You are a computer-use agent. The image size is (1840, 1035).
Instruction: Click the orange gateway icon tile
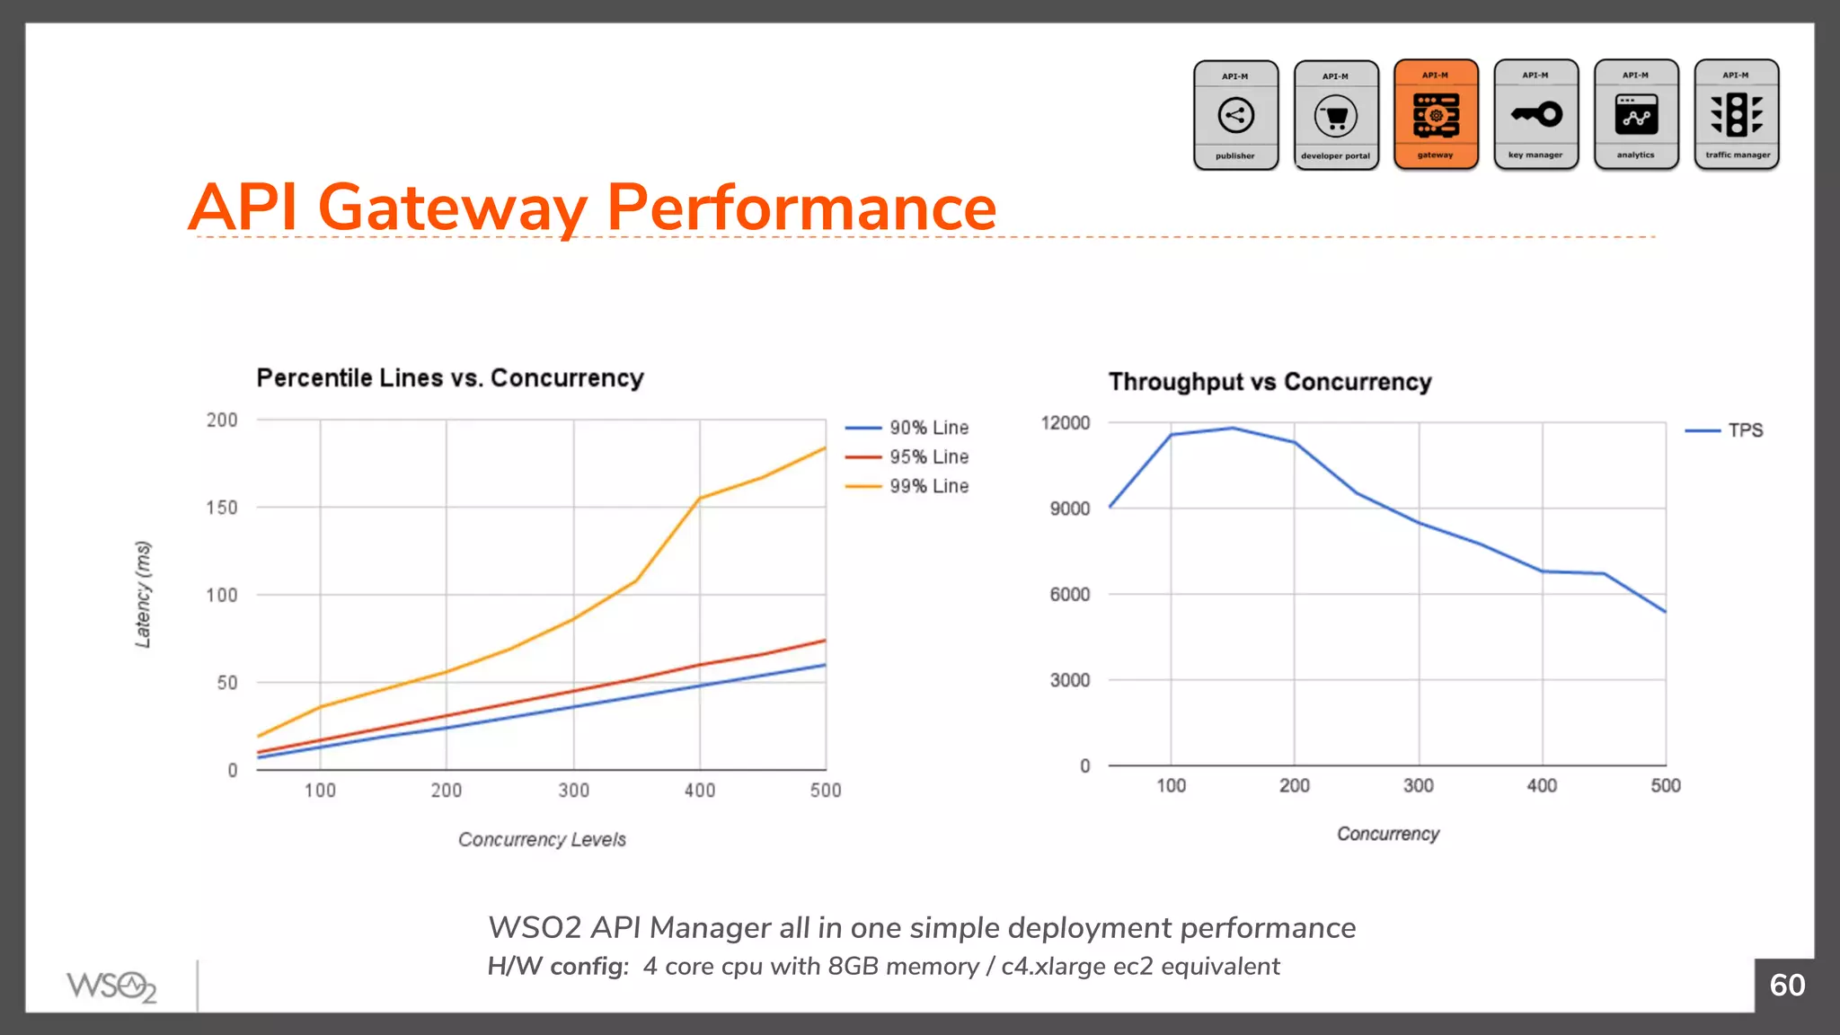pyautogui.click(x=1436, y=115)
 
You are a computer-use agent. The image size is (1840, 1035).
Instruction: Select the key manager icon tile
pyautogui.click(x=1535, y=115)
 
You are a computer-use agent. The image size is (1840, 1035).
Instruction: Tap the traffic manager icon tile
pyautogui.click(x=1736, y=115)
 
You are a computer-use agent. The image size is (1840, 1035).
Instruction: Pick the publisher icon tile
pyautogui.click(x=1235, y=115)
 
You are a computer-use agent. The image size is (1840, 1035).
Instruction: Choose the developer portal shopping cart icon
pyautogui.click(x=1336, y=116)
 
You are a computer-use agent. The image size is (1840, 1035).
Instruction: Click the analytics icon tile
pyautogui.click(x=1635, y=115)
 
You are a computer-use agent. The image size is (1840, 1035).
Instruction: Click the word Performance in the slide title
pyautogui.click(x=801, y=208)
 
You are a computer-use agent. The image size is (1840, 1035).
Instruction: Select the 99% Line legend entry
pyautogui.click(x=928, y=486)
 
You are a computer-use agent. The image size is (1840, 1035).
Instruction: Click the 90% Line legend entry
pyautogui.click(x=928, y=428)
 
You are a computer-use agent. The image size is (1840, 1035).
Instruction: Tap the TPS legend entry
pyautogui.click(x=1745, y=430)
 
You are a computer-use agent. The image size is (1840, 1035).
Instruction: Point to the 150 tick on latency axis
pyautogui.click(x=222, y=508)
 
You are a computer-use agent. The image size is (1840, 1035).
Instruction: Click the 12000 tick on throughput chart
pyautogui.click(x=1065, y=423)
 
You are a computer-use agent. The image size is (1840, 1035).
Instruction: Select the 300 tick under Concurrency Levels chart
pyautogui.click(x=573, y=791)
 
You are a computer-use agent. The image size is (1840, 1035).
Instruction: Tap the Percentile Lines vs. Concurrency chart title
pyautogui.click(x=450, y=378)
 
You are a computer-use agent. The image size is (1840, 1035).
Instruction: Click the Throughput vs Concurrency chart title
pyautogui.click(x=1269, y=382)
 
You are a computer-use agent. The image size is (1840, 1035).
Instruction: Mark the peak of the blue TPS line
pyautogui.click(x=1233, y=429)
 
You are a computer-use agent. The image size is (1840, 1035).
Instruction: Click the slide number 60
pyautogui.click(x=1786, y=986)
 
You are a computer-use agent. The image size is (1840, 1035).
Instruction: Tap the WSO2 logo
pyautogui.click(x=111, y=986)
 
